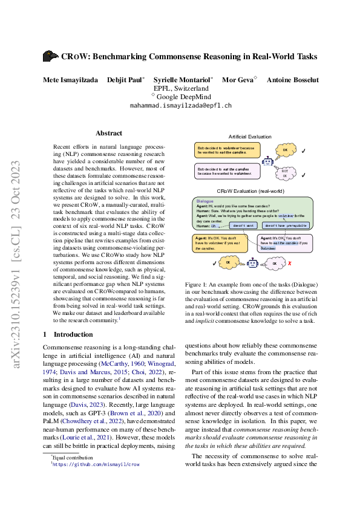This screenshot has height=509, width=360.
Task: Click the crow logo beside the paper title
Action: pyautogui.click(x=50, y=56)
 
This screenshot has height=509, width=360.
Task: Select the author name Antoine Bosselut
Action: pyautogui.click(x=293, y=80)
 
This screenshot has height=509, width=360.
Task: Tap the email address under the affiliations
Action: pyautogui.click(x=181, y=105)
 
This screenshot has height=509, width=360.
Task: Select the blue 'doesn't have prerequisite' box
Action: pyautogui.click(x=287, y=225)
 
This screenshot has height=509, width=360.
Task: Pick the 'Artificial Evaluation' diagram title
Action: pyautogui.click(x=250, y=137)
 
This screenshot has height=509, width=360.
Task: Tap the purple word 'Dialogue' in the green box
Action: pyautogui.click(x=205, y=201)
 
